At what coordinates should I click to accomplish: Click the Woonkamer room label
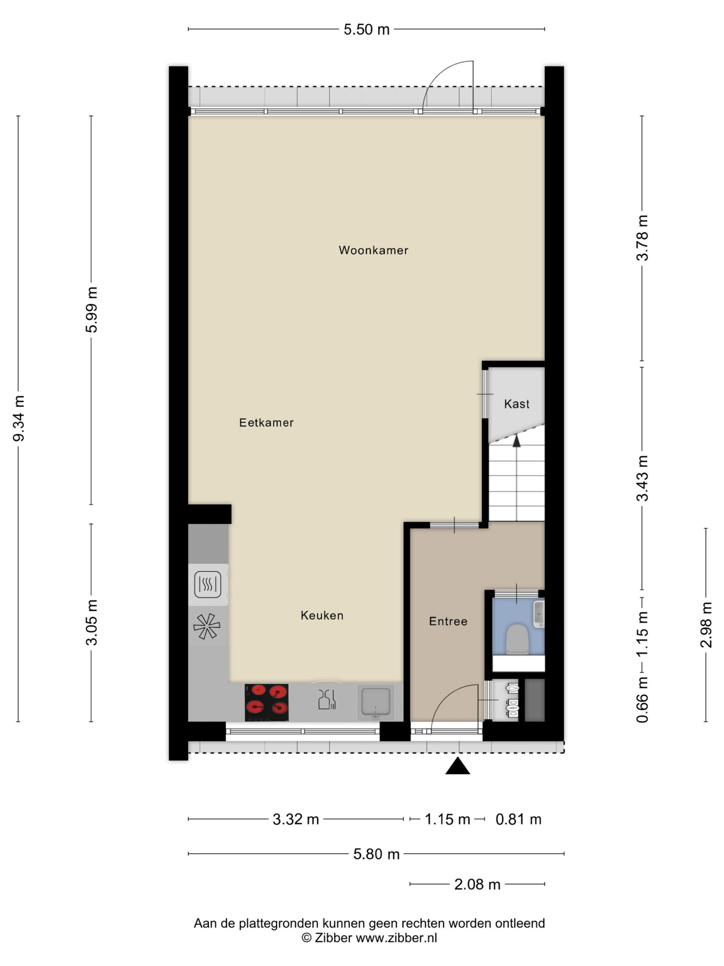pyautogui.click(x=373, y=250)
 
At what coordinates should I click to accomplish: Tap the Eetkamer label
pyautogui.click(x=266, y=422)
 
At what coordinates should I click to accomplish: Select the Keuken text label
pyautogui.click(x=322, y=615)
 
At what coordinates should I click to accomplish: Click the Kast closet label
pyautogui.click(x=517, y=404)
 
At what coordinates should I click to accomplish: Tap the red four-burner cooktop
pyautogui.click(x=266, y=702)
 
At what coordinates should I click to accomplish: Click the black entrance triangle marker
pyautogui.click(x=458, y=766)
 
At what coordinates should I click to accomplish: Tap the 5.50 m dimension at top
pyautogui.click(x=367, y=29)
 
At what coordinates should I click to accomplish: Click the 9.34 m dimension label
pyautogui.click(x=18, y=418)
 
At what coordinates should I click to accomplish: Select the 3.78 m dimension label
pyautogui.click(x=642, y=238)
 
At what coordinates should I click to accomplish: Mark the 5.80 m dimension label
pyautogui.click(x=376, y=854)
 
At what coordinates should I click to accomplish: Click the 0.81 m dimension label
pyautogui.click(x=518, y=819)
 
